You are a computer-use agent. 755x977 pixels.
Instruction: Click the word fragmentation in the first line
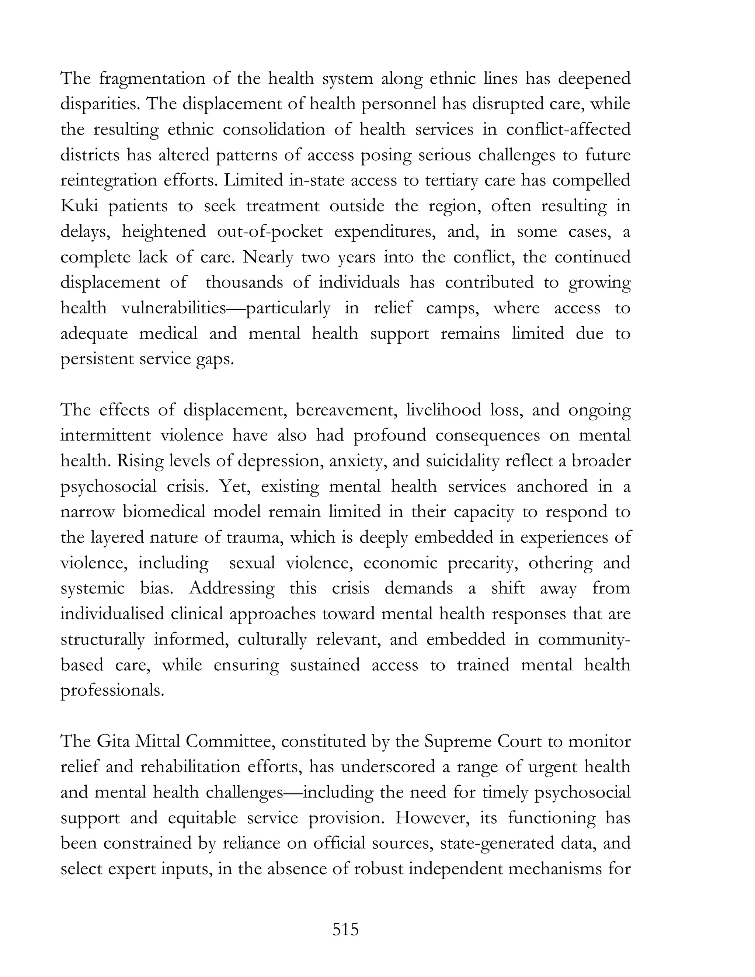[151, 79]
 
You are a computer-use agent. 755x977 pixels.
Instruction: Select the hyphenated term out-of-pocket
[270, 232]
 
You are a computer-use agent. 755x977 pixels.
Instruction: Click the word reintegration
[109, 181]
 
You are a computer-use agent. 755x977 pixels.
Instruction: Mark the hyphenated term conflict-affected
[568, 130]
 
